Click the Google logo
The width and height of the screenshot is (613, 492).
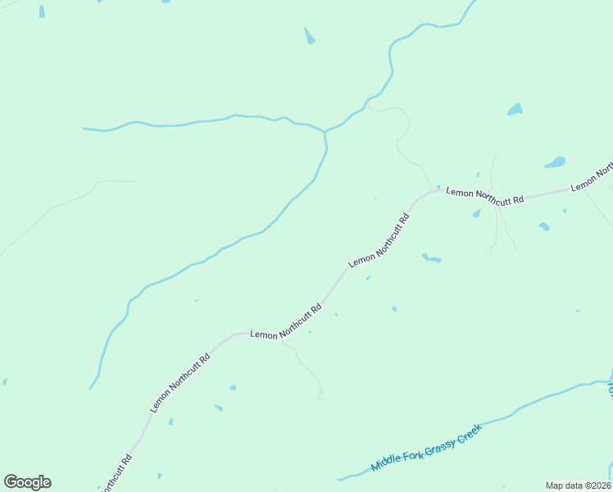click(x=27, y=482)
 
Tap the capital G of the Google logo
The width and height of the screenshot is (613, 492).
click(x=11, y=482)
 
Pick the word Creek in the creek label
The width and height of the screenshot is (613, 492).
click(x=466, y=429)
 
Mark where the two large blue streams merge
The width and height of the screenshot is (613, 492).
click(x=325, y=132)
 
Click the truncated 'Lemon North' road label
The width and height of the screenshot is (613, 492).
click(x=592, y=176)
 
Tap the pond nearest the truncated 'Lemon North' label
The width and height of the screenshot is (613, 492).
click(x=555, y=162)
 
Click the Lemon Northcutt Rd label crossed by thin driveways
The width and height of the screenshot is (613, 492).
click(x=484, y=196)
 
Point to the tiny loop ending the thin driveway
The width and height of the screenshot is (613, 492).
click(x=321, y=396)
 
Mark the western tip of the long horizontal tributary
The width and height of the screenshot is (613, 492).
click(x=84, y=129)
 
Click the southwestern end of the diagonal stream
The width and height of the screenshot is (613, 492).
click(x=91, y=387)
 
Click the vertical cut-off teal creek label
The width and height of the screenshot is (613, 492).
click(x=610, y=390)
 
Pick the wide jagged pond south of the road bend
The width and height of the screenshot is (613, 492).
click(x=431, y=259)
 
